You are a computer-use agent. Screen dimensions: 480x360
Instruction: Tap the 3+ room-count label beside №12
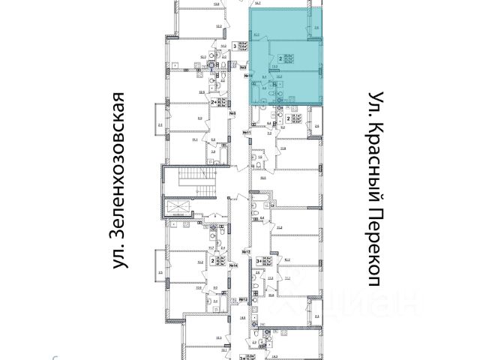point(257,260)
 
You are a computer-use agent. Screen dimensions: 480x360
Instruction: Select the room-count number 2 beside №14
point(214,260)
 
